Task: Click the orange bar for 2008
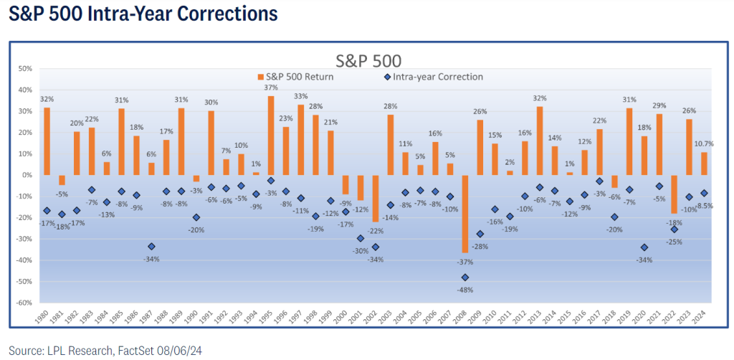pyautogui.click(x=465, y=213)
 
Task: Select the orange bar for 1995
pyautogui.click(x=271, y=136)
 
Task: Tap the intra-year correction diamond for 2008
pyautogui.click(x=465, y=278)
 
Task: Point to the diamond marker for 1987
pyautogui.click(x=151, y=247)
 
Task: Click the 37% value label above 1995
pyautogui.click(x=271, y=88)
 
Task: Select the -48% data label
pyautogui.click(x=464, y=290)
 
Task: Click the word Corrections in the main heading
pyautogui.click(x=225, y=14)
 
